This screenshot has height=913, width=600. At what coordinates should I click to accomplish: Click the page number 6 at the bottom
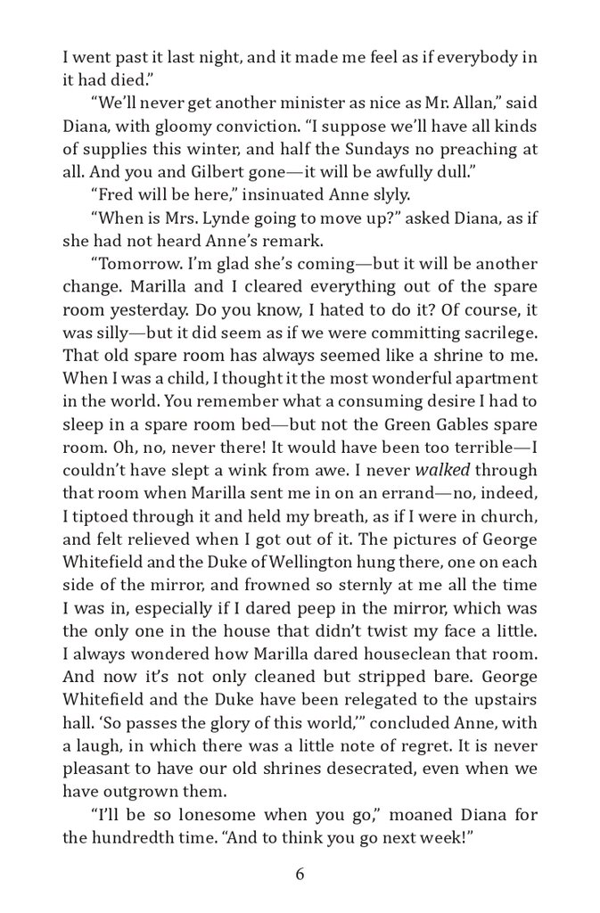coord(300,874)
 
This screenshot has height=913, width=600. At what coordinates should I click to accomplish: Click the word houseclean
coord(416,655)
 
